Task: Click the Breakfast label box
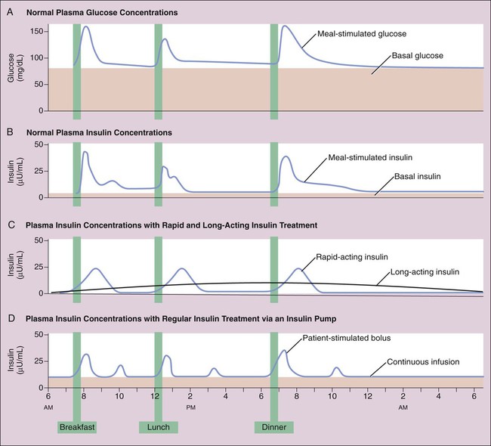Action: tap(77, 427)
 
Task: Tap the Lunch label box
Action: tap(158, 427)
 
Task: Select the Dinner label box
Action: tap(273, 427)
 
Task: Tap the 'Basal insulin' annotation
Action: tap(417, 176)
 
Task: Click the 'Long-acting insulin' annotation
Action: tap(424, 271)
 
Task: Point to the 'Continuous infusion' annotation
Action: tap(423, 361)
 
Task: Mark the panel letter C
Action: tap(10, 225)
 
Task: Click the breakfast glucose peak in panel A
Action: tap(86, 27)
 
